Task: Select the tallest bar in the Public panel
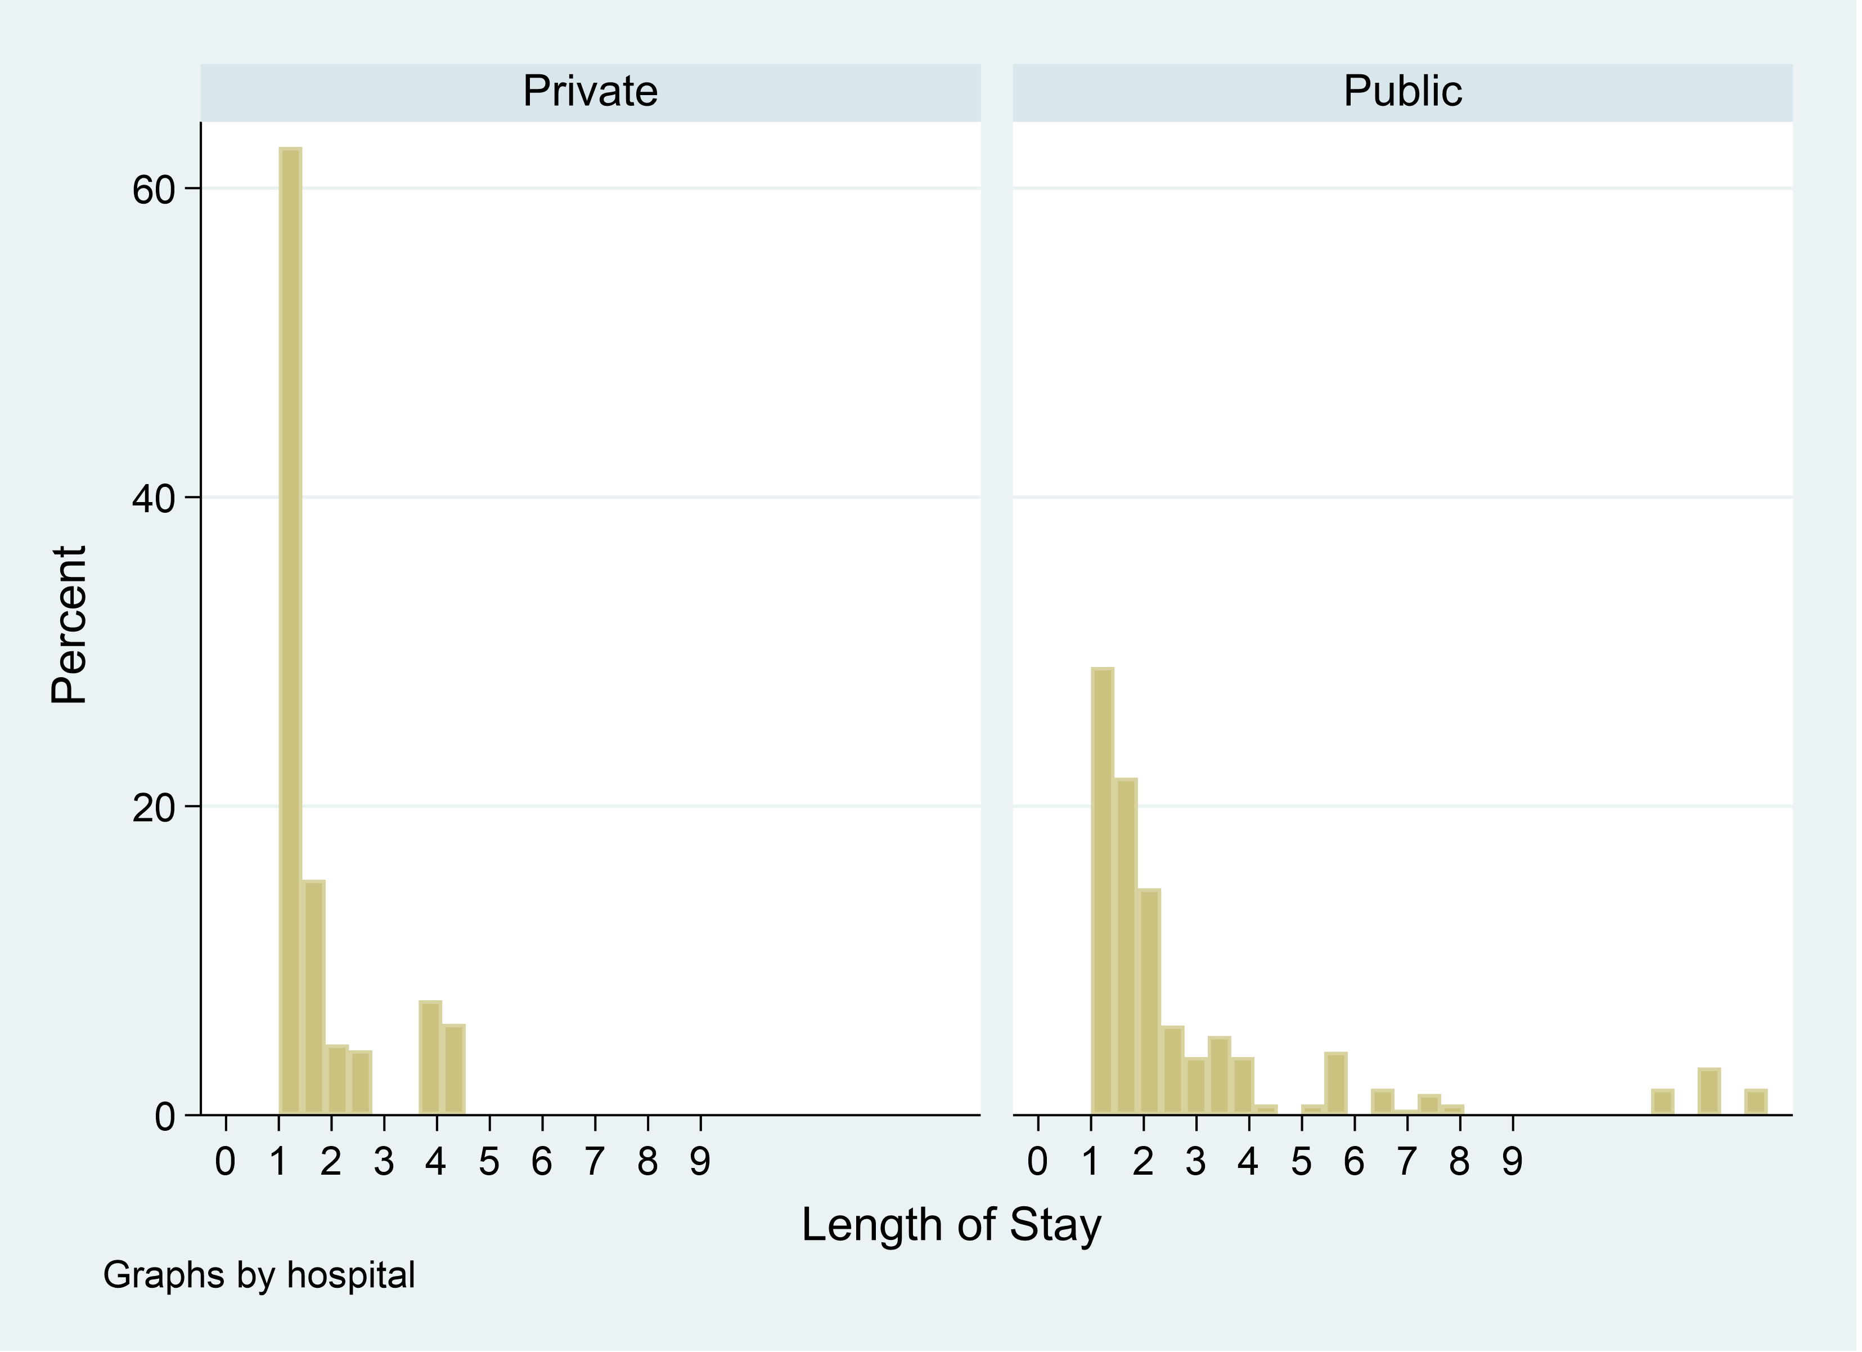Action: (x=1103, y=891)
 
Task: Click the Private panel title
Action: (x=590, y=91)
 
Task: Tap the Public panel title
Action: (x=1402, y=91)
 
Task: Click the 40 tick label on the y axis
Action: (x=154, y=499)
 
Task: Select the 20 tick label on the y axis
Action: (x=154, y=808)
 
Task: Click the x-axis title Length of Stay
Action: (x=951, y=1225)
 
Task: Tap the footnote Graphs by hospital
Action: (x=259, y=1275)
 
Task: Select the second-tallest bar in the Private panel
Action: (x=314, y=998)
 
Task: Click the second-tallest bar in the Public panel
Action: (x=1126, y=946)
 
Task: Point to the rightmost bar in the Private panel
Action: (x=454, y=1069)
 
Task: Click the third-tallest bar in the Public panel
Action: (x=1149, y=1002)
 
